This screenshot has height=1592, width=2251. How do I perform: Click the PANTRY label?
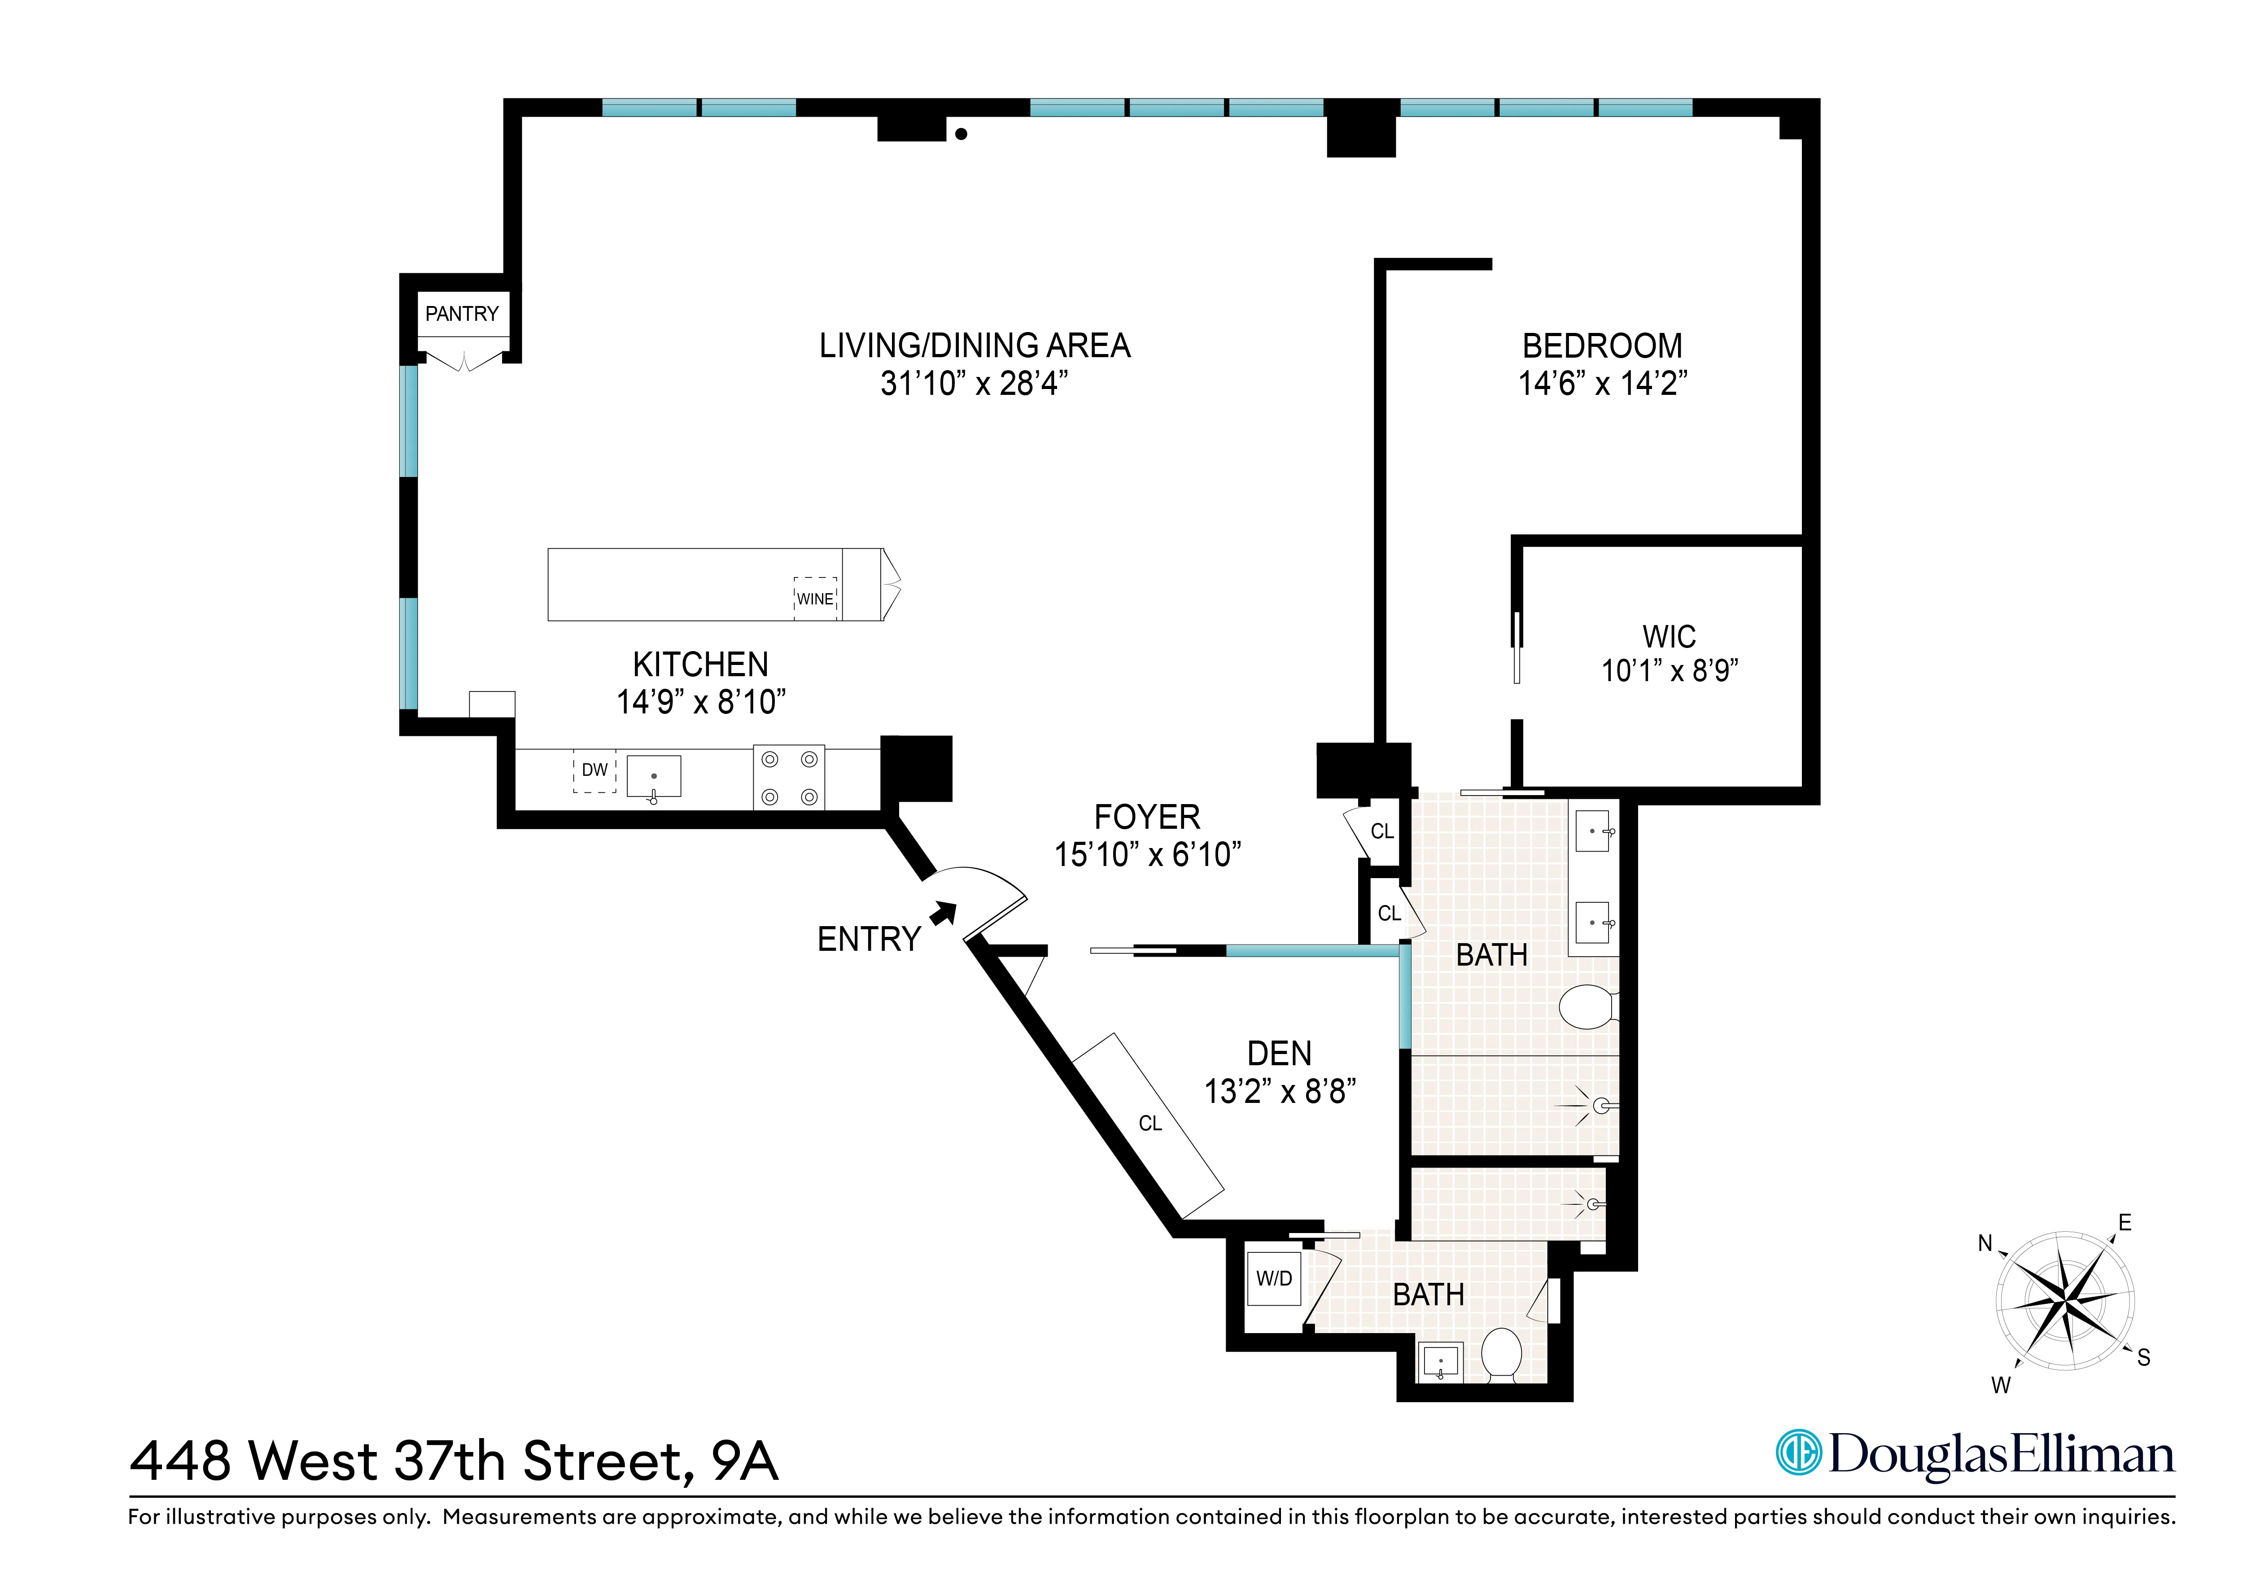point(462,314)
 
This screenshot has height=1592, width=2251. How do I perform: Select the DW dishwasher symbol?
point(594,770)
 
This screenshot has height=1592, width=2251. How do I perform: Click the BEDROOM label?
point(1602,346)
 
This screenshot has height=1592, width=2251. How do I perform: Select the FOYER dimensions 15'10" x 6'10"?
point(1147,855)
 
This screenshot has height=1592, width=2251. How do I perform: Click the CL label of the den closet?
point(1150,1124)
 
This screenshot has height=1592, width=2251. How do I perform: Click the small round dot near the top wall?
point(962,134)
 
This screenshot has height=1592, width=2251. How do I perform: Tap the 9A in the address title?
point(745,1461)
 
